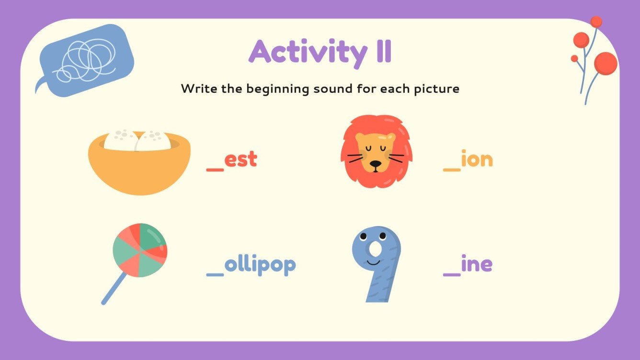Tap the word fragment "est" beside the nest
click(240, 159)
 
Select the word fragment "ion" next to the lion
click(477, 159)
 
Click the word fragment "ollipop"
click(261, 265)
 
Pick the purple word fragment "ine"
click(477, 264)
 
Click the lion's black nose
click(376, 164)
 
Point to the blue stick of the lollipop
click(114, 289)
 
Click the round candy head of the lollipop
click(140, 249)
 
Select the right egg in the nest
click(153, 140)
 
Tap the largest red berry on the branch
click(606, 63)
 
